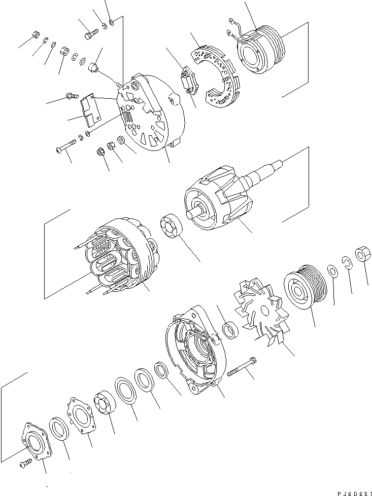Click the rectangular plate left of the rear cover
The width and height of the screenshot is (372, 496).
90,110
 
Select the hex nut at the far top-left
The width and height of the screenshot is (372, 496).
36,34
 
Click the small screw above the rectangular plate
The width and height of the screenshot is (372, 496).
72,95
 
